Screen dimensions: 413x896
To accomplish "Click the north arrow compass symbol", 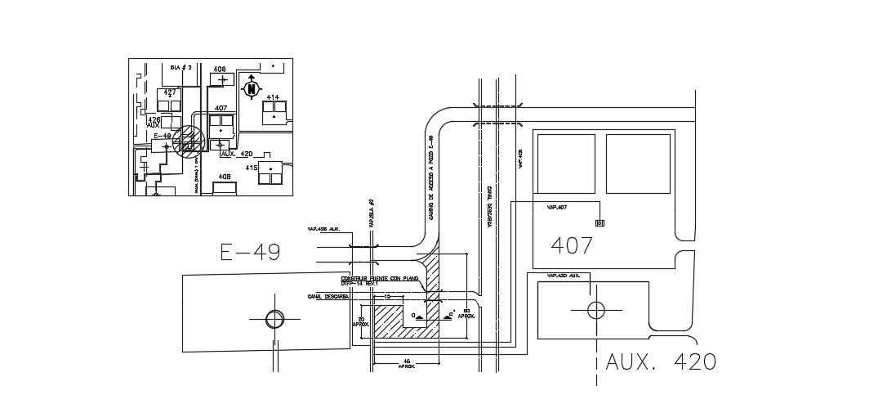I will coord(252,88).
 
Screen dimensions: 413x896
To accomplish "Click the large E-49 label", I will coord(251,252).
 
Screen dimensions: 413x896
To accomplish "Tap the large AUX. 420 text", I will coord(661,361).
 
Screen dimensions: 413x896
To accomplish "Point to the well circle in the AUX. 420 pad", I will coord(596,310).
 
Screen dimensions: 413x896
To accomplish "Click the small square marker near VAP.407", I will coord(600,222).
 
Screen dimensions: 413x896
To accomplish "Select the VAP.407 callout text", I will coord(557,208).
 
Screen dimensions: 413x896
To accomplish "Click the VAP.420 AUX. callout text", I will coord(563,276).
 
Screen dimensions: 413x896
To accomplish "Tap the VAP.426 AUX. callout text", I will coord(323,229).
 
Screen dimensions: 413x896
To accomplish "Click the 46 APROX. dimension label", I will coord(406,365).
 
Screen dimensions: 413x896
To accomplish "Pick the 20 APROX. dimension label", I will coord(360,321).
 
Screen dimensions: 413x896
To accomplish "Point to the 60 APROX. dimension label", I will coord(466,314).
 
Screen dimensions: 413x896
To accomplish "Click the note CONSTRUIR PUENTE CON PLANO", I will coord(380,279).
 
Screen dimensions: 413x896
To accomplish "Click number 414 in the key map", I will coord(272,98).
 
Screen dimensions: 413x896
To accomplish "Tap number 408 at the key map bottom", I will coord(225,177).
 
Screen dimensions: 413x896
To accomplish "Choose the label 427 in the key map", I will coord(170,92).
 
